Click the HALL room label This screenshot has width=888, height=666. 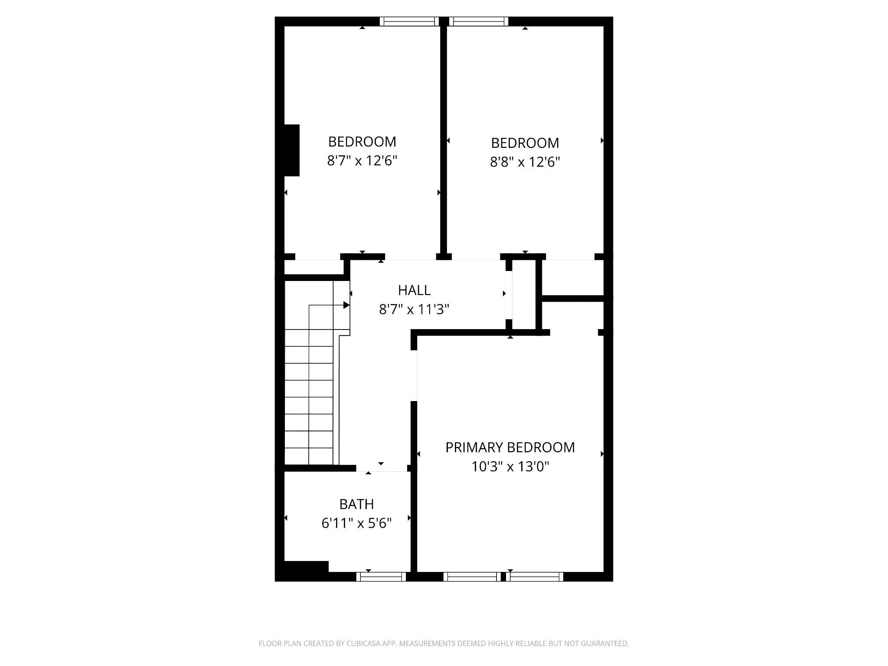tap(414, 290)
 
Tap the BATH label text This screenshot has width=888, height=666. tap(356, 504)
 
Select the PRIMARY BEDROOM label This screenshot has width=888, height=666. tap(510, 447)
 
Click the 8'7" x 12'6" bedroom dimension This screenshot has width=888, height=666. tap(362, 161)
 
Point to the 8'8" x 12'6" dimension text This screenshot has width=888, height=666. tap(525, 162)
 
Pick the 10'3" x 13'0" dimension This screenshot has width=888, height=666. tap(510, 467)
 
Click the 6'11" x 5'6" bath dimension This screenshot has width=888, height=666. tap(356, 523)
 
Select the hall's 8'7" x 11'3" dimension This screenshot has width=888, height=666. tap(414, 310)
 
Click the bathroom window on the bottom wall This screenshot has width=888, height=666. tap(381, 577)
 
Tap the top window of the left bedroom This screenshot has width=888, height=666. tap(410, 21)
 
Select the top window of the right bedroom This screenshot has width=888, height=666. tap(479, 21)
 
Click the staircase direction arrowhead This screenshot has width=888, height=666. tap(346, 305)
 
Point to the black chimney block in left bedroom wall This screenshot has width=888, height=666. tap(291, 150)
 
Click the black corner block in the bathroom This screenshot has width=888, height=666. tap(306, 567)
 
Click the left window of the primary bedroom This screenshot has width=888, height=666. tap(472, 577)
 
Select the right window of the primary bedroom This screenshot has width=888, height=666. tap(535, 577)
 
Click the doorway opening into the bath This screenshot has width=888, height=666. tap(382, 468)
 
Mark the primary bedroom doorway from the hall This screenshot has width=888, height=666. tap(414, 375)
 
